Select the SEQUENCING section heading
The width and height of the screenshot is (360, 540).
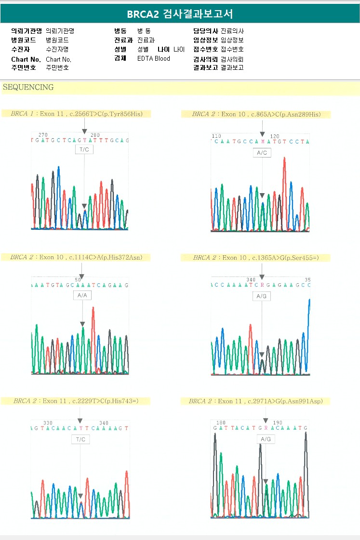[x=28, y=88]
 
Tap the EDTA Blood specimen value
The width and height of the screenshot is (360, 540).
[x=154, y=59]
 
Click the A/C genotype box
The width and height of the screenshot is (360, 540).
[x=262, y=153]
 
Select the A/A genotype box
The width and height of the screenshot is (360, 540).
[x=82, y=295]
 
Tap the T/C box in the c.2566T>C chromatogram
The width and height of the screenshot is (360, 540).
[x=84, y=149]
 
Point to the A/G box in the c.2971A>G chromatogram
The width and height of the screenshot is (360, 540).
[x=266, y=439]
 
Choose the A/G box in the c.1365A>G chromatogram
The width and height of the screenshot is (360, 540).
[x=262, y=296]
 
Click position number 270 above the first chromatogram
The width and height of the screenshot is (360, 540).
[x=43, y=135]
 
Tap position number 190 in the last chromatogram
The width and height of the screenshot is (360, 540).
[x=278, y=422]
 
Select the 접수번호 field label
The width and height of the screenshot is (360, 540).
[x=205, y=49]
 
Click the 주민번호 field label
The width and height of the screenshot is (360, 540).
[x=24, y=67]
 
